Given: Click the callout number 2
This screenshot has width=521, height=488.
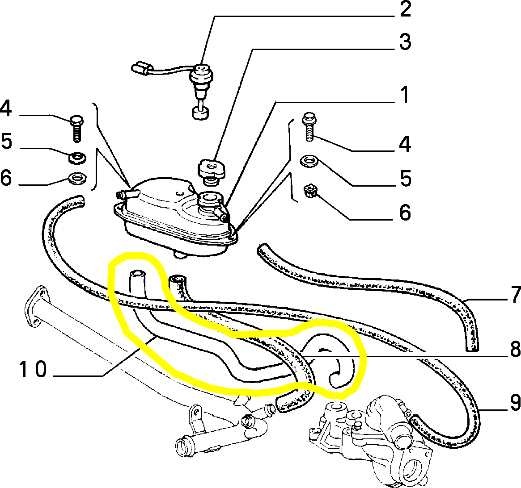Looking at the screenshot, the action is (x=405, y=9).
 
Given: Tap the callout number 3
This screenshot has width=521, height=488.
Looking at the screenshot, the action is (x=405, y=42).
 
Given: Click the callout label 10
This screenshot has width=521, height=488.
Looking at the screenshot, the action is (x=33, y=370).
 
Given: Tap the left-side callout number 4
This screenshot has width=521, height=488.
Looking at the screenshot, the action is (x=6, y=108).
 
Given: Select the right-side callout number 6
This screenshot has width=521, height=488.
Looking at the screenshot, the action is (x=405, y=213).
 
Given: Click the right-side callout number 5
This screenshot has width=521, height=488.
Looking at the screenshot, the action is (x=405, y=178).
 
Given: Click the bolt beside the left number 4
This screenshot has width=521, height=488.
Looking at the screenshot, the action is (x=77, y=128).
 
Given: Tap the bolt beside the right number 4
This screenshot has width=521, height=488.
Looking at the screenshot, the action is (x=309, y=127).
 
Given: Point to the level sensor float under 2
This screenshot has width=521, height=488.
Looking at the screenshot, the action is (x=201, y=112).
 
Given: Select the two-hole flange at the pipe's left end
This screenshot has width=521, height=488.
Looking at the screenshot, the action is (x=35, y=307).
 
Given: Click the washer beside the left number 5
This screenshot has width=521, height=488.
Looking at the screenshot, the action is (x=77, y=157).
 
